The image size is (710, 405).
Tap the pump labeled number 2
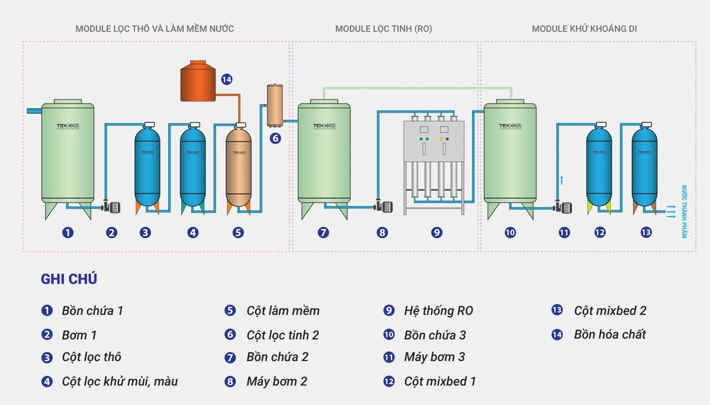(x=112, y=207)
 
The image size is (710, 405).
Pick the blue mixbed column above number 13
(x=644, y=163)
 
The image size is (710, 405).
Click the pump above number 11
(x=563, y=208)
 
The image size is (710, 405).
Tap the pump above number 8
(x=385, y=207)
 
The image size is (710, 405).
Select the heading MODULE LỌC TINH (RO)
(x=383, y=28)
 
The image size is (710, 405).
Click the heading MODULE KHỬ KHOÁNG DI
(x=584, y=28)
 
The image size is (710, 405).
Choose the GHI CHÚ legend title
(x=69, y=279)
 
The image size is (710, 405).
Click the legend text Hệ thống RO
(x=438, y=311)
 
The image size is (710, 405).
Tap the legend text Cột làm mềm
(x=282, y=311)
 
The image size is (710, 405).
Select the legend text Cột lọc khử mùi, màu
(x=120, y=381)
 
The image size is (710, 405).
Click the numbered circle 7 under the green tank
(x=323, y=233)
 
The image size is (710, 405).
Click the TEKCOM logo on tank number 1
(x=68, y=126)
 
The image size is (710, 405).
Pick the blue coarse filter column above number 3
(x=147, y=163)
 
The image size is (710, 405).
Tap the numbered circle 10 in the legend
(x=388, y=335)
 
